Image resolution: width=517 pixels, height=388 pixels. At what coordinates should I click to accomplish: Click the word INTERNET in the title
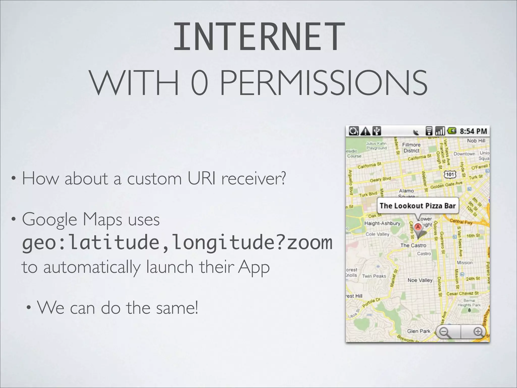[259, 37]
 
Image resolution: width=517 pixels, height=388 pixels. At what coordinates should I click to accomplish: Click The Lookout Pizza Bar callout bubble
[418, 206]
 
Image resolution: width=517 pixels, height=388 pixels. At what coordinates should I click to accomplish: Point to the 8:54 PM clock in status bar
[473, 131]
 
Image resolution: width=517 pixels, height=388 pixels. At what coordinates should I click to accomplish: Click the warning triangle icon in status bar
[365, 131]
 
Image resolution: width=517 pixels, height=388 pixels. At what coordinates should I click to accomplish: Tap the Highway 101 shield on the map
[450, 174]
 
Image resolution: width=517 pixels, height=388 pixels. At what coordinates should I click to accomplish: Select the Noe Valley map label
[420, 280]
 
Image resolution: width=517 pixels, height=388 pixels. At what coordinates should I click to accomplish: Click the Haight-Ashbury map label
[382, 223]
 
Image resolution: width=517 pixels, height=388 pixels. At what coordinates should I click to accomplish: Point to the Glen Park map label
[419, 331]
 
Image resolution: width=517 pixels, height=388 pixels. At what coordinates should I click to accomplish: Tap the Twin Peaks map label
[374, 276]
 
